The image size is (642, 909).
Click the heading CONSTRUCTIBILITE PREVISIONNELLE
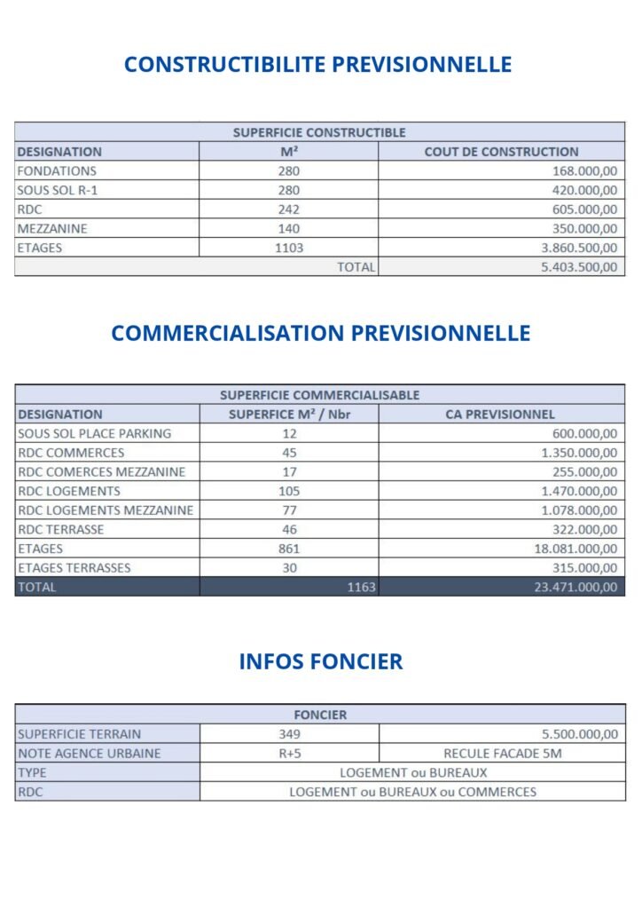(x=317, y=65)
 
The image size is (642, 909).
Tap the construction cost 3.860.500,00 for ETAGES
(x=578, y=249)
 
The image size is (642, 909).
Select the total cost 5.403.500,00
(x=578, y=267)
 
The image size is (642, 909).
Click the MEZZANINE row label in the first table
(x=52, y=229)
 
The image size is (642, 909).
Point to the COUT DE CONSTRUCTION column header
(x=501, y=152)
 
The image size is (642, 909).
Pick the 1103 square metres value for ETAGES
(x=289, y=249)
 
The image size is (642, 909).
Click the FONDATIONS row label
(x=57, y=171)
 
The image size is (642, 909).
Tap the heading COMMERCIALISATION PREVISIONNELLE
(x=320, y=333)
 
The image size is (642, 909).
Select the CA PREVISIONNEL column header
(x=500, y=415)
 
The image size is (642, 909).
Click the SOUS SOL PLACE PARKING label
(x=95, y=434)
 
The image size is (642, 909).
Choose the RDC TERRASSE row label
(x=61, y=530)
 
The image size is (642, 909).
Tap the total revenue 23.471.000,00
(x=575, y=588)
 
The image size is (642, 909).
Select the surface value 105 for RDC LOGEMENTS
(x=289, y=492)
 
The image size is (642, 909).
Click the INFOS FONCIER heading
(x=320, y=661)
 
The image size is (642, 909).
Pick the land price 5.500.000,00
(x=578, y=735)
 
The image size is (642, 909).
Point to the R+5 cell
(x=289, y=754)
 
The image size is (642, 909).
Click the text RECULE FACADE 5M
(x=502, y=754)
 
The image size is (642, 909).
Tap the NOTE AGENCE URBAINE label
(x=90, y=754)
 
